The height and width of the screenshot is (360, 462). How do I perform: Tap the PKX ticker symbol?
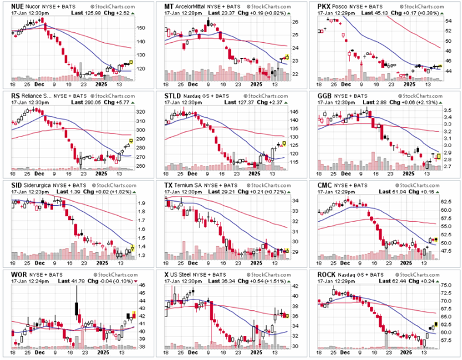pyautogui.click(x=325, y=6)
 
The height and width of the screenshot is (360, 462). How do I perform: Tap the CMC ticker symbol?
pyautogui.click(x=325, y=185)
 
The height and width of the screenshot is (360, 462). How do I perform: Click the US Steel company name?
pyautogui.click(x=185, y=274)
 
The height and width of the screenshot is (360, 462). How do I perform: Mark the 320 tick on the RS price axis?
pyautogui.click(x=141, y=111)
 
